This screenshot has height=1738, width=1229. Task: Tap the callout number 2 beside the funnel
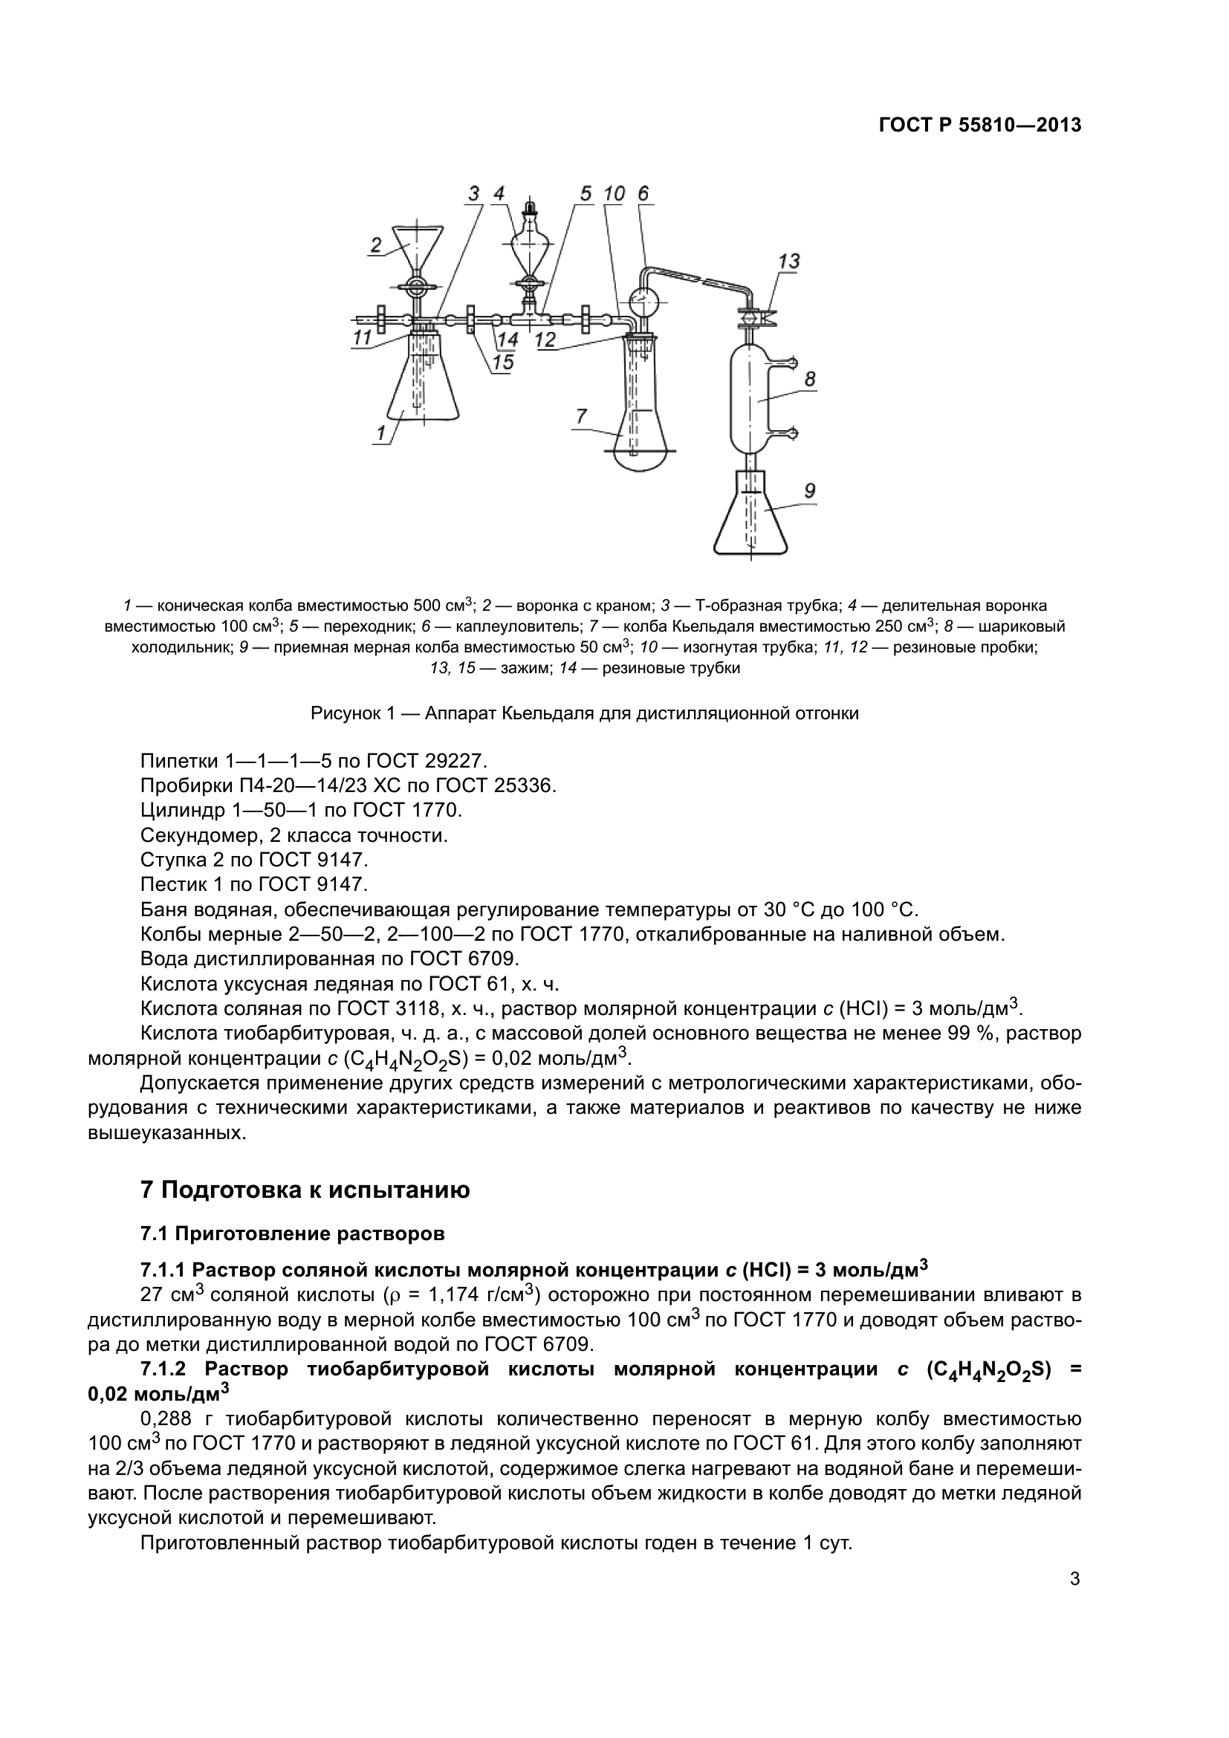click(x=375, y=244)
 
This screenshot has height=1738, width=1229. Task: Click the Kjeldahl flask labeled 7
click(x=642, y=416)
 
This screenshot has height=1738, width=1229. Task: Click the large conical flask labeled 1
click(x=425, y=386)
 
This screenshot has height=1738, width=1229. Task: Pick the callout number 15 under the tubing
click(x=502, y=363)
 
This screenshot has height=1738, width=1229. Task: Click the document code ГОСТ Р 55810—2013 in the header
click(x=979, y=126)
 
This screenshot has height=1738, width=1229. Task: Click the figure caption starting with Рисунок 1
click(x=584, y=713)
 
